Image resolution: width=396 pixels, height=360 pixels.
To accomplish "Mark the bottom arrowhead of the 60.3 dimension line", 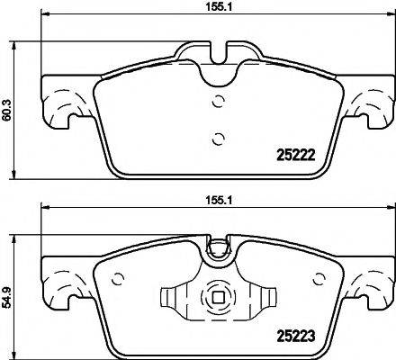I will coord(15,176).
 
